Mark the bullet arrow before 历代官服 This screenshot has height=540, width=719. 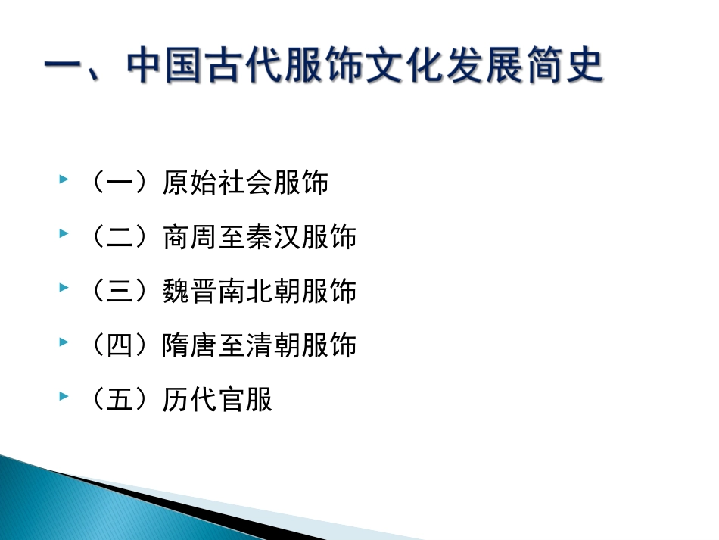coord(64,397)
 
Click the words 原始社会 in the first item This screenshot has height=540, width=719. coord(217,183)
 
